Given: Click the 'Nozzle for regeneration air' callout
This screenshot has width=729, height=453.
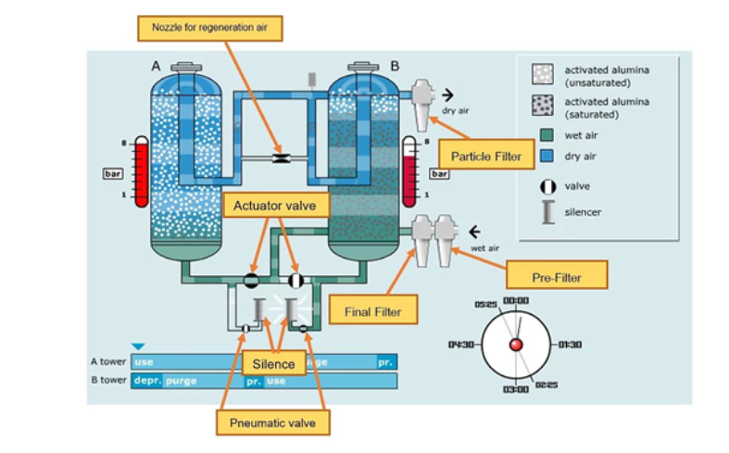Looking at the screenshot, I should click(x=208, y=29).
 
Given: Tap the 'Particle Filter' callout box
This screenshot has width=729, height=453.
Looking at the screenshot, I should click(x=486, y=156).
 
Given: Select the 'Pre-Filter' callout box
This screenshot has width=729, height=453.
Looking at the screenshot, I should click(x=557, y=274).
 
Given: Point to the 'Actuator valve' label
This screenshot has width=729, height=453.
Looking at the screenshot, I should click(x=275, y=205).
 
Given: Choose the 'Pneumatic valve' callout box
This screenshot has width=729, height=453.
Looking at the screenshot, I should click(x=272, y=423).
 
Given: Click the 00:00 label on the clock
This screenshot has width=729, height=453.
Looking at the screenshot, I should click(x=516, y=301).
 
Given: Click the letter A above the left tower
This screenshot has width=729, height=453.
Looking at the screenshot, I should click(x=157, y=67).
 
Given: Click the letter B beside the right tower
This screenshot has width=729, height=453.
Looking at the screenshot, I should click(x=395, y=67).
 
